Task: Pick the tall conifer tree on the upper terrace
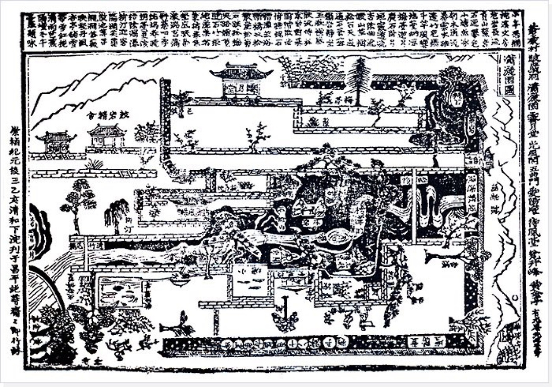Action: (358, 80)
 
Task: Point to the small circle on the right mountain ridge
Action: (514, 298)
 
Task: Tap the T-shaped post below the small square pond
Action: (285, 305)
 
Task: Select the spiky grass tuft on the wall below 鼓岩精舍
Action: (94, 164)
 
